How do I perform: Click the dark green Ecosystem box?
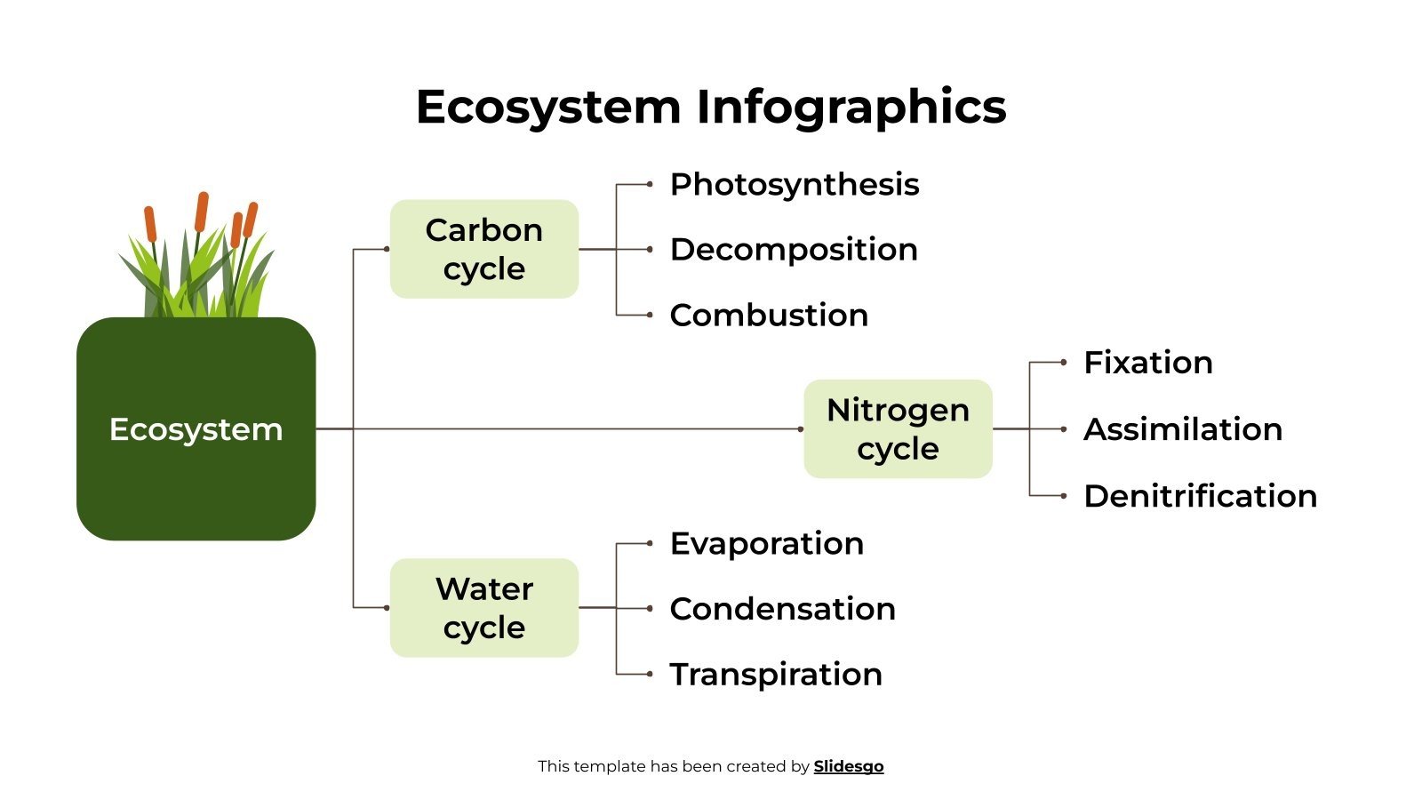pyautogui.click(x=196, y=429)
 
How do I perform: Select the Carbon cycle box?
pyautogui.click(x=484, y=249)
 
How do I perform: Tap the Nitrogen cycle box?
pyautogui.click(x=898, y=429)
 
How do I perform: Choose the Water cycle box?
pyautogui.click(x=484, y=608)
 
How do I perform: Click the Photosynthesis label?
pyautogui.click(x=794, y=185)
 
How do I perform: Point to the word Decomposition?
pyautogui.click(x=794, y=250)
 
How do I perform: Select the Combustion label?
pyautogui.click(x=769, y=316)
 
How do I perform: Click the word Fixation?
pyautogui.click(x=1148, y=363)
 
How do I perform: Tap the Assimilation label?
pyautogui.click(x=1183, y=429)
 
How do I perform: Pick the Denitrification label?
pyautogui.click(x=1200, y=496)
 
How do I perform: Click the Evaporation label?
pyautogui.click(x=766, y=543)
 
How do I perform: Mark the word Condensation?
pyautogui.click(x=782, y=609)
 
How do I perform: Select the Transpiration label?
pyautogui.click(x=776, y=675)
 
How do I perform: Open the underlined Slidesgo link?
pyautogui.click(x=849, y=766)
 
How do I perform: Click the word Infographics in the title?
pyautogui.click(x=851, y=107)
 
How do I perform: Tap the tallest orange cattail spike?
pyautogui.click(x=202, y=212)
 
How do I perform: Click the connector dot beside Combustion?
pyautogui.click(x=650, y=315)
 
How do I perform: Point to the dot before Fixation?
pyautogui.click(x=1064, y=363)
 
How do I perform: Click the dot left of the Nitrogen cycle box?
pyautogui.click(x=800, y=429)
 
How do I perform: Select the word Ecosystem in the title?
pyautogui.click(x=547, y=107)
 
